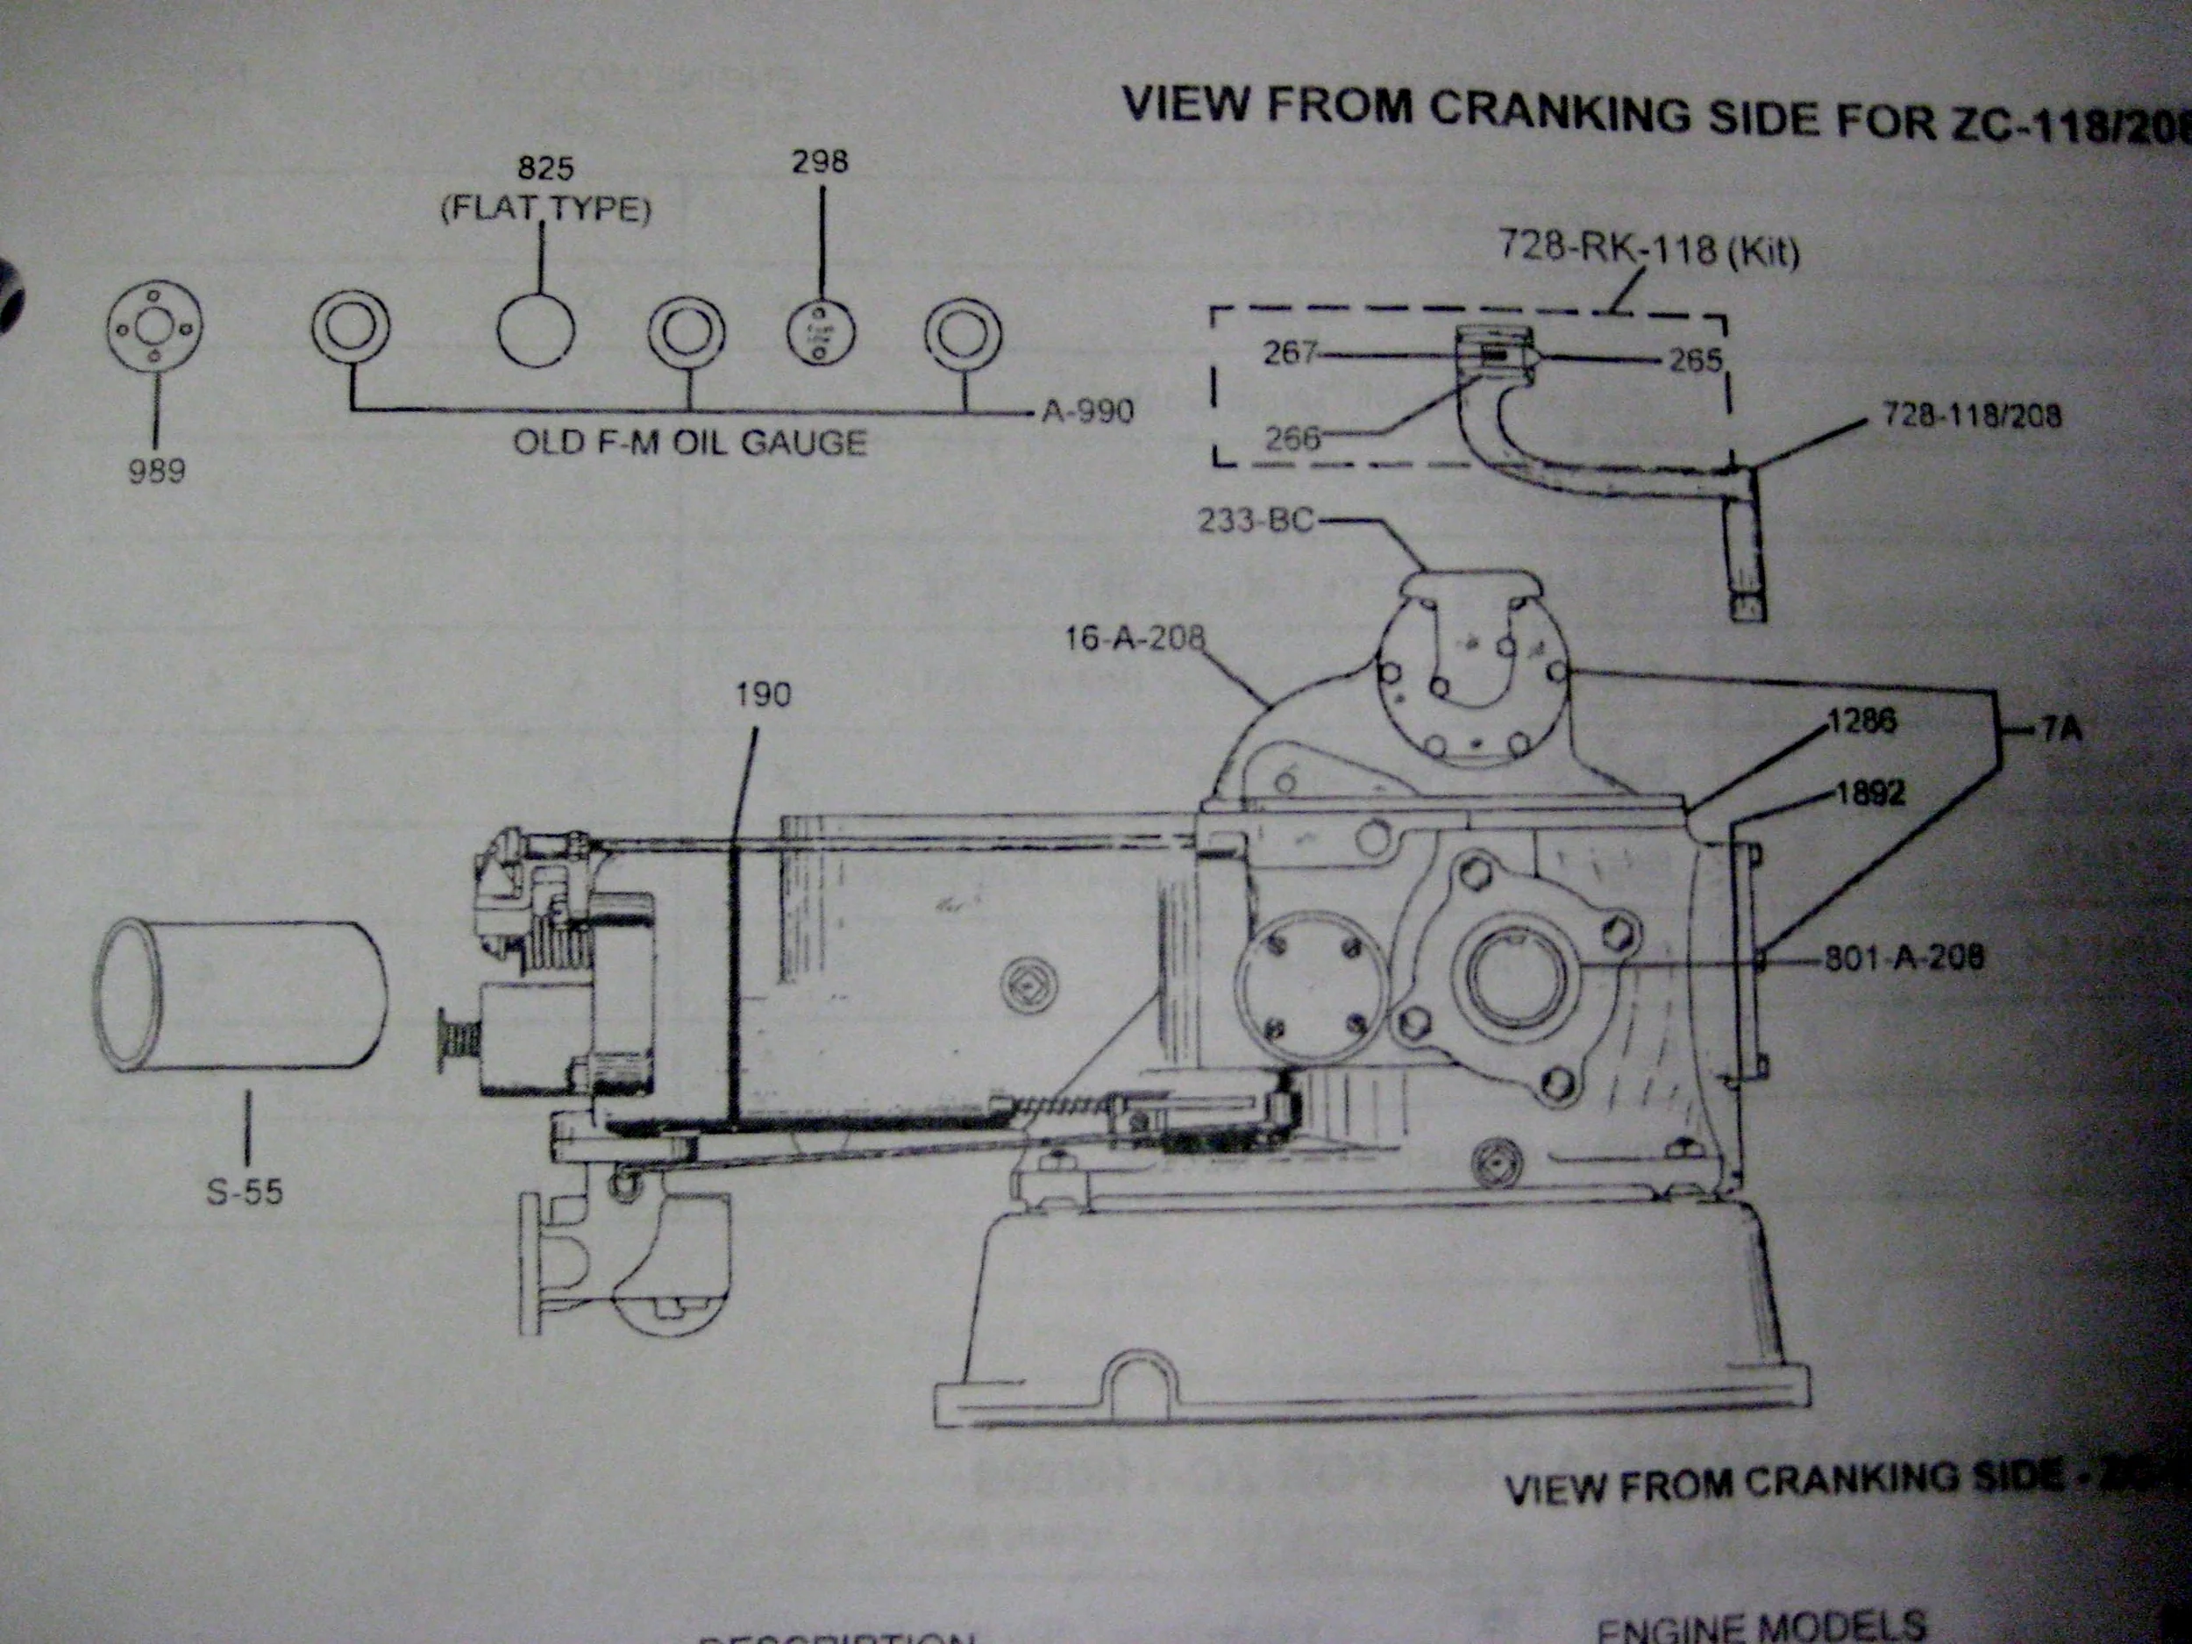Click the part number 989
[x=157, y=471]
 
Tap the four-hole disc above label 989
[x=153, y=328]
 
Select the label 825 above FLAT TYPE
[x=545, y=167]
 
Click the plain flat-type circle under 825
[x=536, y=330]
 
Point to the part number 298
[x=820, y=161]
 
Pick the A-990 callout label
[x=1087, y=410]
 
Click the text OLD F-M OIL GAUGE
[x=690, y=442]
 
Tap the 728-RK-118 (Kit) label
[x=1648, y=248]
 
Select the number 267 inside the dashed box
[x=1289, y=352]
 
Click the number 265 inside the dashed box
[x=1696, y=359]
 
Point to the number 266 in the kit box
[x=1293, y=437]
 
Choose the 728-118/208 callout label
[x=1972, y=416]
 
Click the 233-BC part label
[x=1256, y=520]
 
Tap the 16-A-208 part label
[x=1135, y=638]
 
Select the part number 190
[x=763, y=694]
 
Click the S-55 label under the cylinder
[x=244, y=1191]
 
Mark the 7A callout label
[x=2061, y=731]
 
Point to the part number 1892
[x=1870, y=794]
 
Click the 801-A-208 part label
[x=1904, y=957]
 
